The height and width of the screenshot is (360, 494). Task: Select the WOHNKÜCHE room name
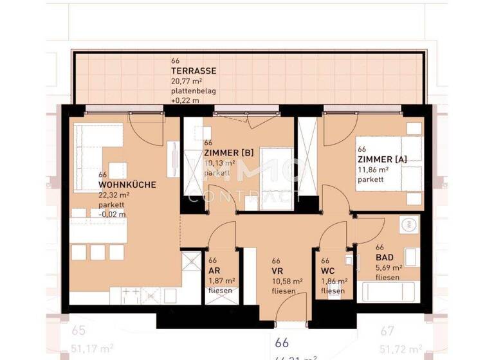click(x=127, y=184)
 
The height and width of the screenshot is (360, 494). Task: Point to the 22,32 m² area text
click(x=114, y=195)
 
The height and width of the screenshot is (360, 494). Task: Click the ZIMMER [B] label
click(x=228, y=152)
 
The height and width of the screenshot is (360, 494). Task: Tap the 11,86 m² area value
click(x=374, y=169)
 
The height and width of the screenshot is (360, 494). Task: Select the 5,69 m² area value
click(x=389, y=267)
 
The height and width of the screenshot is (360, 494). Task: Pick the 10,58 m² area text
click(x=288, y=281)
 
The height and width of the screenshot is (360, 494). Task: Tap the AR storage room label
click(x=214, y=271)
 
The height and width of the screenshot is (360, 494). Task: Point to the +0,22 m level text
click(x=185, y=101)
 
